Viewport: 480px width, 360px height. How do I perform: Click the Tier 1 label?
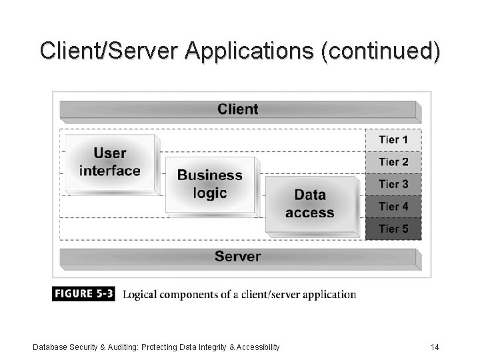tap(393, 140)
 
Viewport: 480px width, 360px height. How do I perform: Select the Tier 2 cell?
tap(393, 162)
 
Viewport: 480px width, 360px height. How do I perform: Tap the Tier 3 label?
tap(393, 184)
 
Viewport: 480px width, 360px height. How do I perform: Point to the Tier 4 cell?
tap(393, 207)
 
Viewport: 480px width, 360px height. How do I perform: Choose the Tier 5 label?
tap(393, 229)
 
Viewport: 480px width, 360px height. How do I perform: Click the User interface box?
tap(110, 162)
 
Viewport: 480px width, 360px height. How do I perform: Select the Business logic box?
tap(209, 184)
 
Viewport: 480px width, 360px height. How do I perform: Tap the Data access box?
tap(309, 204)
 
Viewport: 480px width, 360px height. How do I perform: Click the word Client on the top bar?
tap(237, 109)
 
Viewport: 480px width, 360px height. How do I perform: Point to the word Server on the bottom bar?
tap(237, 257)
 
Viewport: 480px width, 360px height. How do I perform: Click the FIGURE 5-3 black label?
tap(84, 294)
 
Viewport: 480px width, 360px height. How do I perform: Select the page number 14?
tap(434, 347)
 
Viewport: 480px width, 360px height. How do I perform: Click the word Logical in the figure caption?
tap(143, 295)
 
